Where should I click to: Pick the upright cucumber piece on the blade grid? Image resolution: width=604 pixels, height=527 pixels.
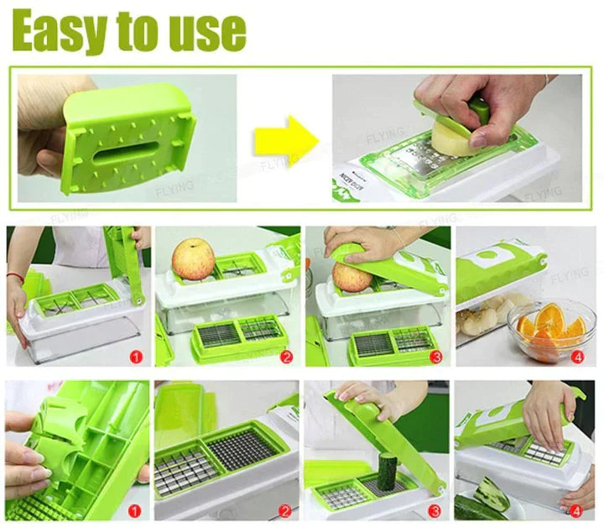387,472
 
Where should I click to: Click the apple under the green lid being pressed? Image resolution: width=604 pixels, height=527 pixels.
353,277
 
